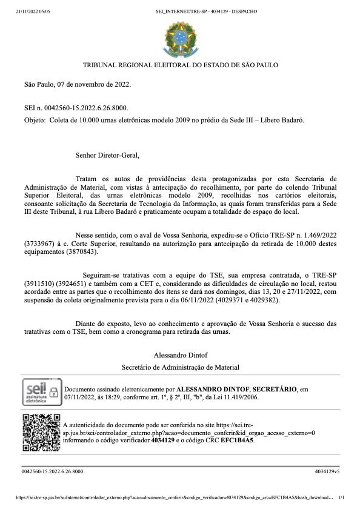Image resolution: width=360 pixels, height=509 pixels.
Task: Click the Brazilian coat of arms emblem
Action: pos(180,37)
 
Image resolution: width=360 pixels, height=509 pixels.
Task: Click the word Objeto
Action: pos(34,120)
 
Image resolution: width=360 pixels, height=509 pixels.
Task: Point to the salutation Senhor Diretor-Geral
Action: pos(107,155)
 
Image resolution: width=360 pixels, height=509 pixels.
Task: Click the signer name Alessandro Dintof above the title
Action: pos(180,354)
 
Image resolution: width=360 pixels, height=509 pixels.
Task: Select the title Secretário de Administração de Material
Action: pos(180,367)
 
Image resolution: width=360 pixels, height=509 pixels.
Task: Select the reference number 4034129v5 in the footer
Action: pos(327,471)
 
